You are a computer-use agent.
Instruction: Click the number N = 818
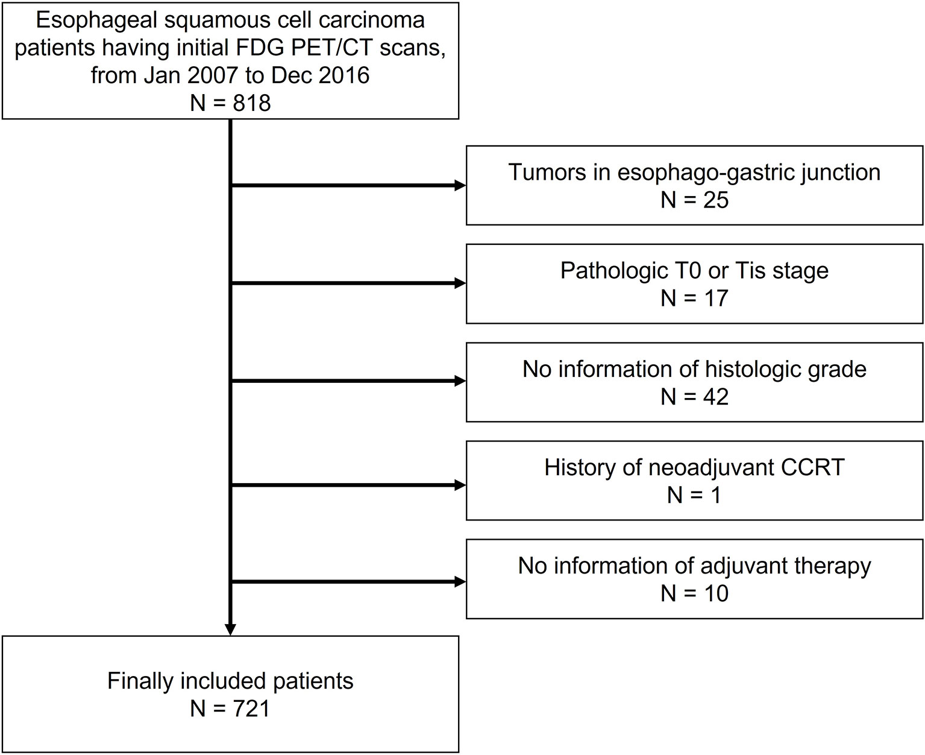(230, 103)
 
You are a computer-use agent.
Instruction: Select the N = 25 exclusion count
(694, 200)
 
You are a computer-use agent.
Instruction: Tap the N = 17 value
(694, 298)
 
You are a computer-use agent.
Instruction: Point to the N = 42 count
(694, 396)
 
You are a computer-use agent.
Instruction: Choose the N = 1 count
(694, 495)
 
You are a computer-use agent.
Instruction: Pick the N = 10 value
(694, 593)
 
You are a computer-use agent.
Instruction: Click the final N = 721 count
(230, 708)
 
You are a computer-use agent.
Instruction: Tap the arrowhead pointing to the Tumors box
(461, 186)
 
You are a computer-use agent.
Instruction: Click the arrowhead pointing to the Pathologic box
(461, 283)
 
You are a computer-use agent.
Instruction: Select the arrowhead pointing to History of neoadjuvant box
(461, 484)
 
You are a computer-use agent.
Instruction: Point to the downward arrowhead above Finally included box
(230, 630)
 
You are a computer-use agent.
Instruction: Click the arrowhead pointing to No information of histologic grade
(461, 381)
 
